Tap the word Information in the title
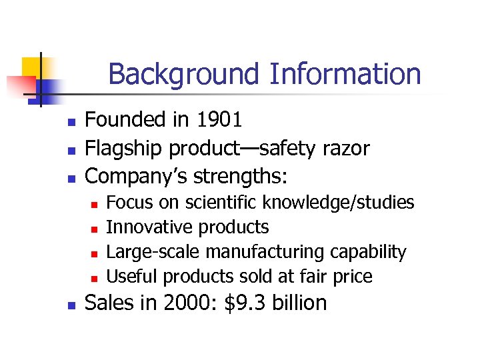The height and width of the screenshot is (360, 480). click(x=345, y=74)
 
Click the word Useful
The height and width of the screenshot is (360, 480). click(x=132, y=276)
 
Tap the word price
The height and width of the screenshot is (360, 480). click(x=351, y=276)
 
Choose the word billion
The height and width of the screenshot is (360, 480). click(x=297, y=303)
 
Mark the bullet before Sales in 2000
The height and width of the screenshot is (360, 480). click(x=72, y=305)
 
